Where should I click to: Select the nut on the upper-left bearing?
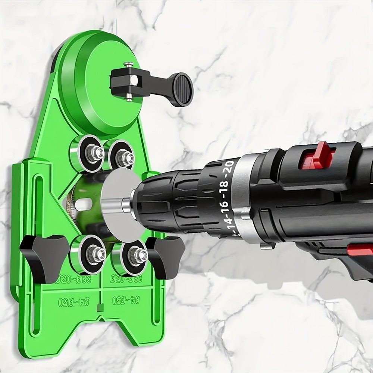[97, 152]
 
